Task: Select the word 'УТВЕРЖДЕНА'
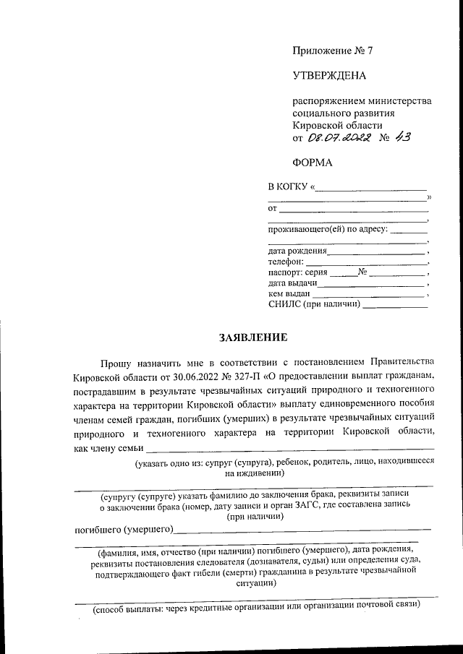pyautogui.click(x=329, y=75)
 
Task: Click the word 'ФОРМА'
pyautogui.click(x=313, y=163)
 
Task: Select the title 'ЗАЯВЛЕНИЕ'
pyautogui.click(x=254, y=337)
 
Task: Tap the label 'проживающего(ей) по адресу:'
pyautogui.click(x=328, y=231)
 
